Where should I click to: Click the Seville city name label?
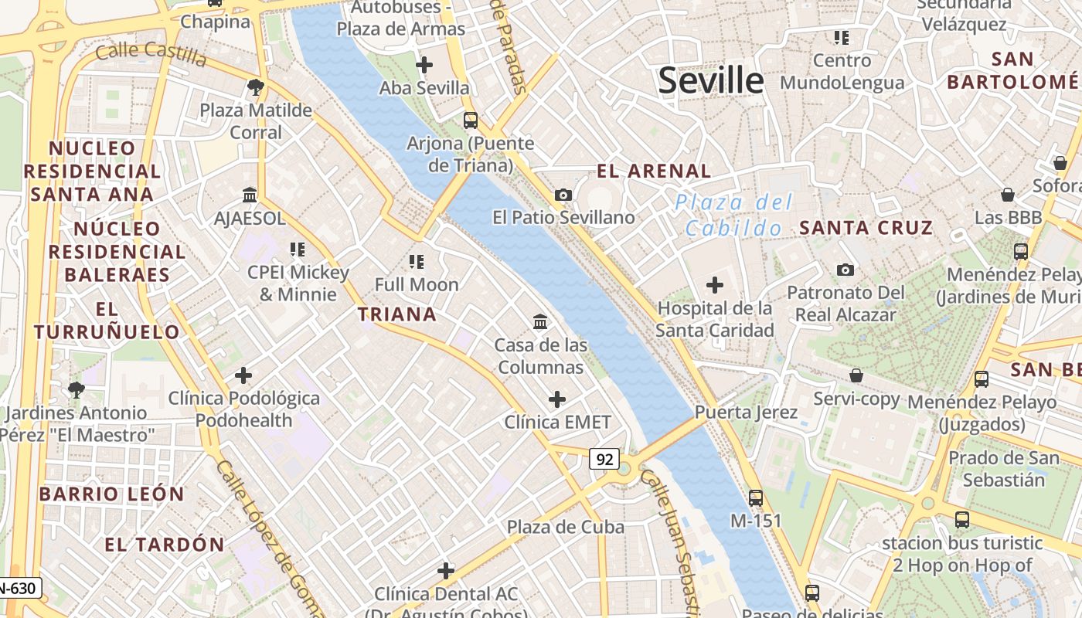(710, 80)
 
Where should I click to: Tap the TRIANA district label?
(397, 314)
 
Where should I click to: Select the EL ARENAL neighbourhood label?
(654, 171)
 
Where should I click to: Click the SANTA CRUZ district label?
(866, 228)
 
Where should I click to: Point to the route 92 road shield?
(604, 460)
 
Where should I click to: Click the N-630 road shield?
(17, 589)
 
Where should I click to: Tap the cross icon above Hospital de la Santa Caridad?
(714, 285)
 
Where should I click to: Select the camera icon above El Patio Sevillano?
(563, 195)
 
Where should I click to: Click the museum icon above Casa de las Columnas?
(540, 321)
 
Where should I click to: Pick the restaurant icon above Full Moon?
(417, 261)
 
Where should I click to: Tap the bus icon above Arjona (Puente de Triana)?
(470, 120)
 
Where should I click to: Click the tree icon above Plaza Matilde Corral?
(256, 87)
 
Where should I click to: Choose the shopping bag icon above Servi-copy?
(856, 375)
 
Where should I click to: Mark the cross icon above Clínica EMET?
(556, 399)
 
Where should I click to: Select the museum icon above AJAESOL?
(249, 195)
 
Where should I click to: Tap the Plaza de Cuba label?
(565, 527)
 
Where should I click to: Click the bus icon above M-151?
(755, 497)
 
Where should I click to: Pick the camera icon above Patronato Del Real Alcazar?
(846, 270)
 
